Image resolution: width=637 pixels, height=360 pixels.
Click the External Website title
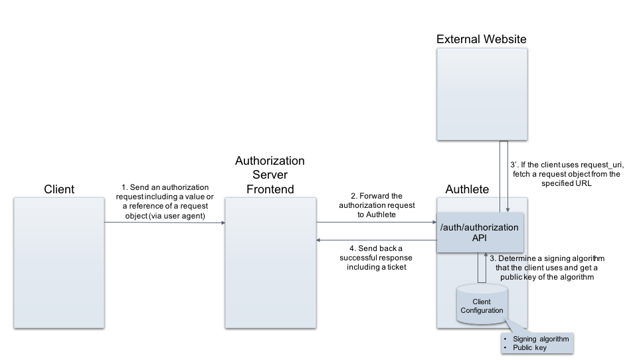[x=481, y=39]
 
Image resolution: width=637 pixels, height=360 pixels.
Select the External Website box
[x=482, y=94]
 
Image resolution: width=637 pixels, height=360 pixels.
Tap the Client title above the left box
[x=59, y=189]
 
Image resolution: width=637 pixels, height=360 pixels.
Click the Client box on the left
[x=59, y=263]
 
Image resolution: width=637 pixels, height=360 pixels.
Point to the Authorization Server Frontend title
[x=270, y=175]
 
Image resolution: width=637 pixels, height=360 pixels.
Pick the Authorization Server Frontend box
[x=270, y=263]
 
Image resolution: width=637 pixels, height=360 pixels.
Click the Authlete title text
[x=467, y=189]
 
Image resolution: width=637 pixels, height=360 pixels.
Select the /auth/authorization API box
[x=480, y=232]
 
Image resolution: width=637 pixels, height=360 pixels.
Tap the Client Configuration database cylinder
[x=482, y=304]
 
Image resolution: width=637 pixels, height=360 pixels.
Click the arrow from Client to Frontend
[x=165, y=223]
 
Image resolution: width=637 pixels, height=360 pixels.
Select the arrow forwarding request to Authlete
[x=377, y=223]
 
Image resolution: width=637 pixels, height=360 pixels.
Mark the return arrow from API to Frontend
[x=377, y=240]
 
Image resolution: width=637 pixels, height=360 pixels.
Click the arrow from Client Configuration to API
[x=482, y=268]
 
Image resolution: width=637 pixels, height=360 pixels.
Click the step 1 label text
[x=165, y=201]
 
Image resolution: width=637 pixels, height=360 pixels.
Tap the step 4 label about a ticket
[x=376, y=258]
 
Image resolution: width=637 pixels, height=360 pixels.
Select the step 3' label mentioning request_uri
[x=567, y=174]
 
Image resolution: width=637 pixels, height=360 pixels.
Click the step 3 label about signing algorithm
[x=547, y=268]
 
